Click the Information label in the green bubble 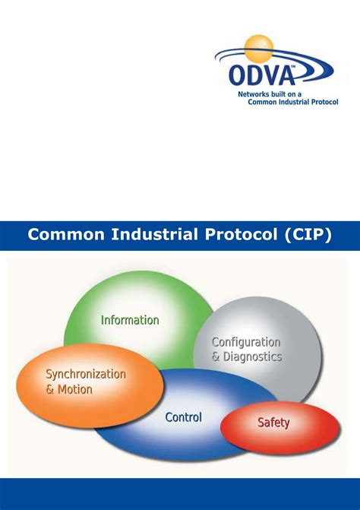(x=130, y=320)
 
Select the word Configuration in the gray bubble (x=245, y=342)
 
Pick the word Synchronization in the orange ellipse (x=86, y=374)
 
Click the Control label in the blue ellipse (x=183, y=417)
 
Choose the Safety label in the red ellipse (x=273, y=423)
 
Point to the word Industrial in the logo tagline (x=286, y=101)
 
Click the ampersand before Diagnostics (x=216, y=356)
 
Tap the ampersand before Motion (x=50, y=389)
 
